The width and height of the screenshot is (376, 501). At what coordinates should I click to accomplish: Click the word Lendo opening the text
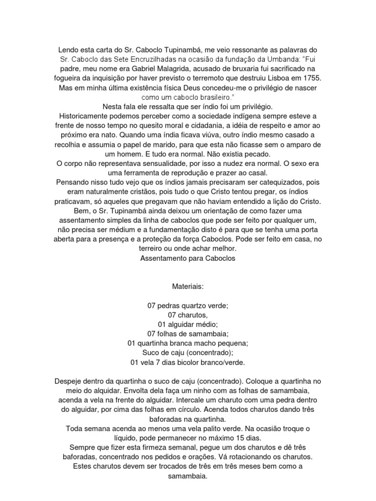(69, 50)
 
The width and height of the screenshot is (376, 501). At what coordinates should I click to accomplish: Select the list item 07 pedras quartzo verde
(188, 306)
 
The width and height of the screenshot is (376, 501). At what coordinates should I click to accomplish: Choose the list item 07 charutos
(188, 315)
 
